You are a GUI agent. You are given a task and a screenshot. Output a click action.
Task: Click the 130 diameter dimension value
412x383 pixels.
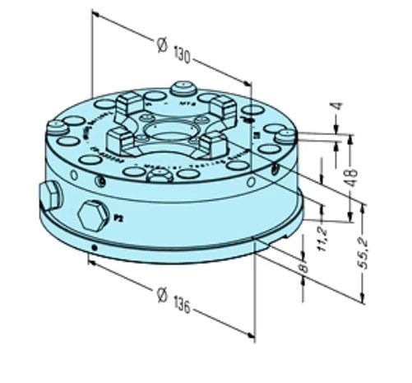(x=184, y=56)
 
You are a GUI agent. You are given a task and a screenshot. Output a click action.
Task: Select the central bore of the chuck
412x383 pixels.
(x=169, y=131)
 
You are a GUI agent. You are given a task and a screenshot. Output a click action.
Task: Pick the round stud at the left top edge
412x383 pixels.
(x=56, y=128)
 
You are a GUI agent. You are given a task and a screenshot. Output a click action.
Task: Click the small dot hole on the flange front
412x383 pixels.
(x=95, y=247)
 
